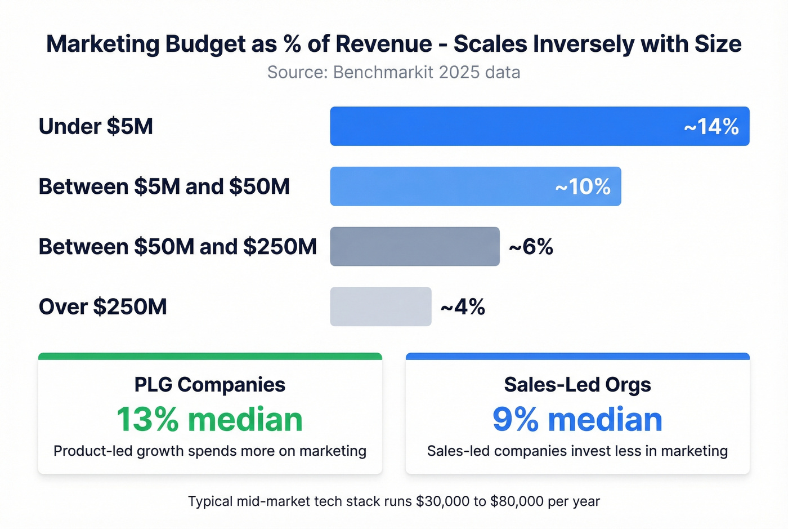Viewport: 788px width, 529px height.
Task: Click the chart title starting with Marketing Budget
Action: pos(393,44)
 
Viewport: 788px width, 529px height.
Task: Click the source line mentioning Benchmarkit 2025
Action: pos(393,72)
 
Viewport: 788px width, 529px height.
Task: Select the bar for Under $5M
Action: pos(507,126)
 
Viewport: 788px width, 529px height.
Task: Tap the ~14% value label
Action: pos(711,127)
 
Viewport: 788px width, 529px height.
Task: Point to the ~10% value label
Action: pos(583,187)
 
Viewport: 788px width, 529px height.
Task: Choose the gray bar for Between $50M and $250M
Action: pos(414,247)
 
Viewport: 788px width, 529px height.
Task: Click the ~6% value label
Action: pos(531,247)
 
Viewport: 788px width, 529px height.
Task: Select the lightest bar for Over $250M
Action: pos(380,306)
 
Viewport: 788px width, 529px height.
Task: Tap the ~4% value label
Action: pos(463,307)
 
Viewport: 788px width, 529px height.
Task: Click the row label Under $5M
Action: pos(96,126)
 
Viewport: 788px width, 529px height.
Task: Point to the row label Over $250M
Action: pos(102,307)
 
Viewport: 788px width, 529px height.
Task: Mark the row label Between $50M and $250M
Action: pos(177,247)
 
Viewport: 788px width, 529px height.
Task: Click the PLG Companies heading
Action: pos(209,385)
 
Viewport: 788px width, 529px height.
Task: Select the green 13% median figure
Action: pos(209,420)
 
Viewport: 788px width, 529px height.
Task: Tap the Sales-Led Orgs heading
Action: pos(577,385)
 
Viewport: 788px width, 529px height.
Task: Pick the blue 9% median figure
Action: pos(577,420)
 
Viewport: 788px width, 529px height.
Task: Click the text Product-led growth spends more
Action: pos(209,451)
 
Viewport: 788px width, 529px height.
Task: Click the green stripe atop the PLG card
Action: pos(209,356)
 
